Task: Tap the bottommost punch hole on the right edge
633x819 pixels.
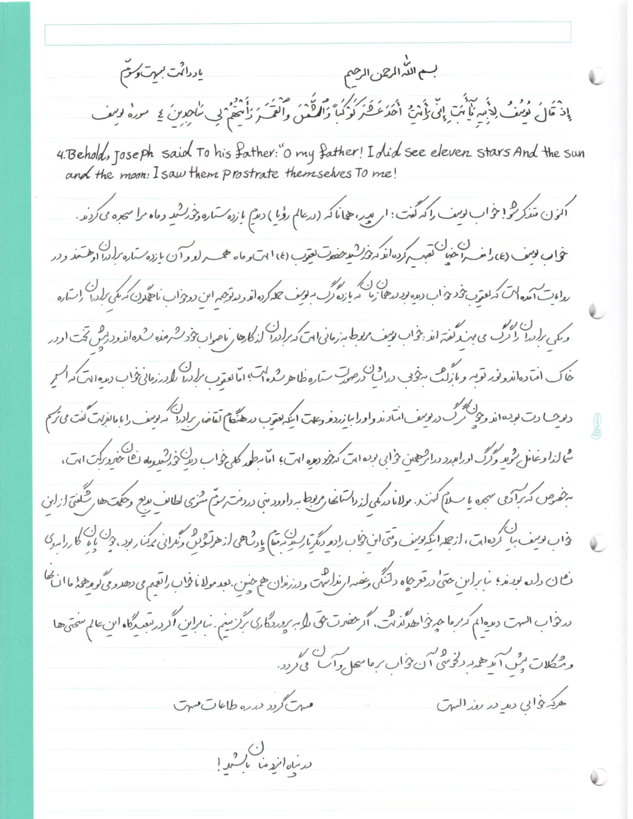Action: (x=599, y=777)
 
